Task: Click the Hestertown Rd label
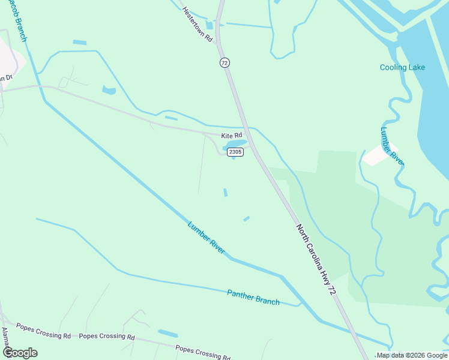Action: [198, 25]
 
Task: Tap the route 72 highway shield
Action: [224, 62]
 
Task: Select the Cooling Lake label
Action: [402, 67]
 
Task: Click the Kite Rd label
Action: [231, 136]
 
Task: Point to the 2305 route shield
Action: [235, 152]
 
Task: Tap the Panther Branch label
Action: [253, 297]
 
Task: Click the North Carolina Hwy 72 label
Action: [315, 259]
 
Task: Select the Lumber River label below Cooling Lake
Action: [393, 146]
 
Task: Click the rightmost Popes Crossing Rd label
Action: [203, 352]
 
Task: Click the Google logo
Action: [20, 353]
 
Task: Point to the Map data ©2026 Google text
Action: [412, 355]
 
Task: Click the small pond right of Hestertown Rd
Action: [209, 25]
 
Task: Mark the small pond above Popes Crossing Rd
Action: [167, 333]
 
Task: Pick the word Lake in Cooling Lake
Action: [416, 67]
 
